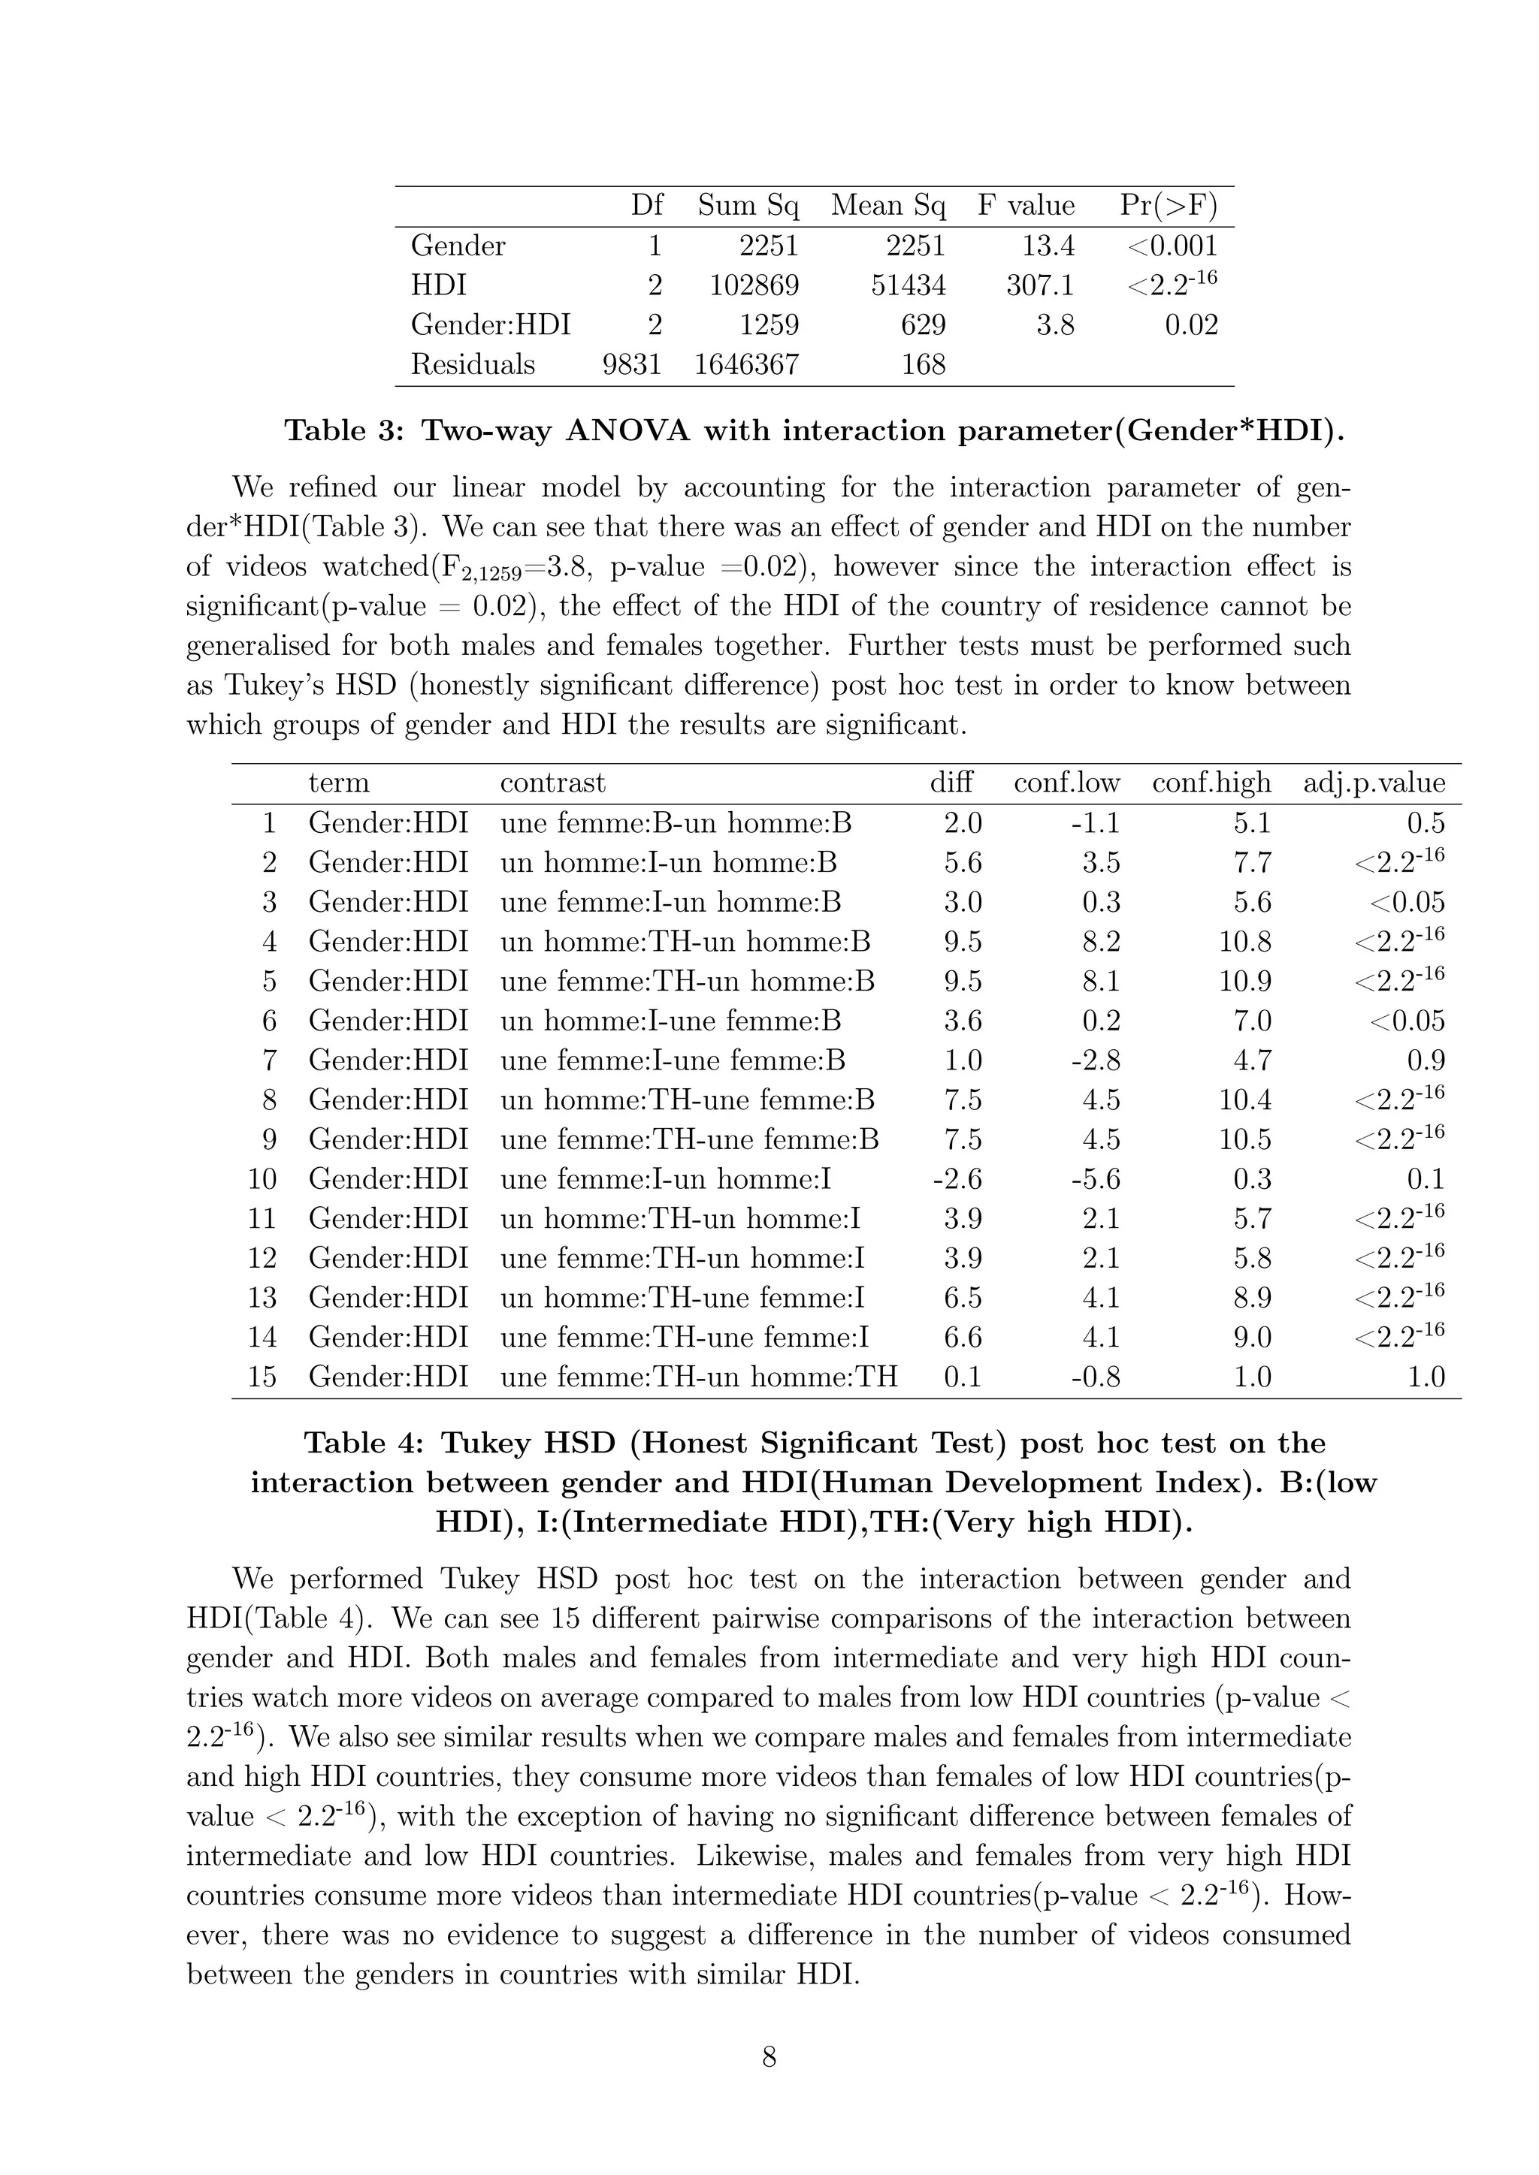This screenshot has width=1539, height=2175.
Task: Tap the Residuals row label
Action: [472, 365]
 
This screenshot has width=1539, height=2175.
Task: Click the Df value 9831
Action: [631, 365]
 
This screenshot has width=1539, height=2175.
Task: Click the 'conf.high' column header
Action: [1211, 783]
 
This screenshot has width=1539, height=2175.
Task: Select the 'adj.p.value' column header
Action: [1374, 783]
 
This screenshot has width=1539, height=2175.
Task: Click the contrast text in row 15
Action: [698, 1377]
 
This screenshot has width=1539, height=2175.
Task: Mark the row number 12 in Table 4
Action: [262, 1258]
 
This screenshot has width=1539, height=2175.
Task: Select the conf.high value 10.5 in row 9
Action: [1244, 1139]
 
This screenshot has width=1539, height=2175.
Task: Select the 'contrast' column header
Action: [552, 783]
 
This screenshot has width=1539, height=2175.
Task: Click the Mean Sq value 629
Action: [923, 325]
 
